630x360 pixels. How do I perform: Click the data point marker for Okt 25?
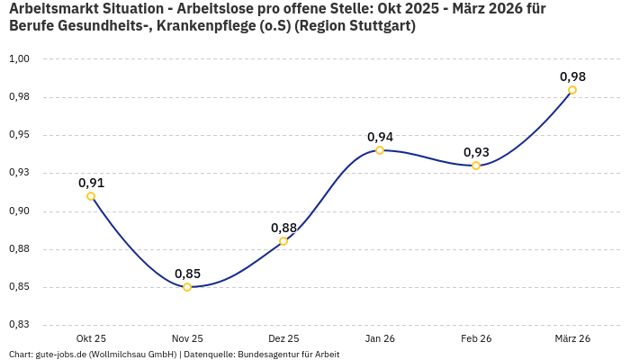pos(91,196)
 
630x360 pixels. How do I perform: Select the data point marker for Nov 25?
pos(187,287)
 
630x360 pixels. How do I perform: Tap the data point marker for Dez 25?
pos(283,241)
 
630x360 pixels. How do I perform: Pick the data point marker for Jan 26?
pos(380,150)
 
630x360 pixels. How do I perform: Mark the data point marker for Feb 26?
pos(476,166)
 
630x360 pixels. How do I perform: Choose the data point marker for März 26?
pos(572,90)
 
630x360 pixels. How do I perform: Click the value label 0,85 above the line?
pos(187,274)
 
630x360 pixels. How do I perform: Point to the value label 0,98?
pos(572,76)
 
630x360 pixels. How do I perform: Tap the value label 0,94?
pos(380,137)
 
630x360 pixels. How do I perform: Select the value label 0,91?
pos(91,183)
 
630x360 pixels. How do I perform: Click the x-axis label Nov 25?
pos(187,338)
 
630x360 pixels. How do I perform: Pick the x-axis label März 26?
pos(572,338)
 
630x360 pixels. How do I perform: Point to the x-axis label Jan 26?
pos(380,338)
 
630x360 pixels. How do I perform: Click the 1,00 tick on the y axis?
pos(20,59)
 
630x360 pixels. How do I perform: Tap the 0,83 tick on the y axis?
pos(20,325)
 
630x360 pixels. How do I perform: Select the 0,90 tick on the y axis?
pos(20,211)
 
